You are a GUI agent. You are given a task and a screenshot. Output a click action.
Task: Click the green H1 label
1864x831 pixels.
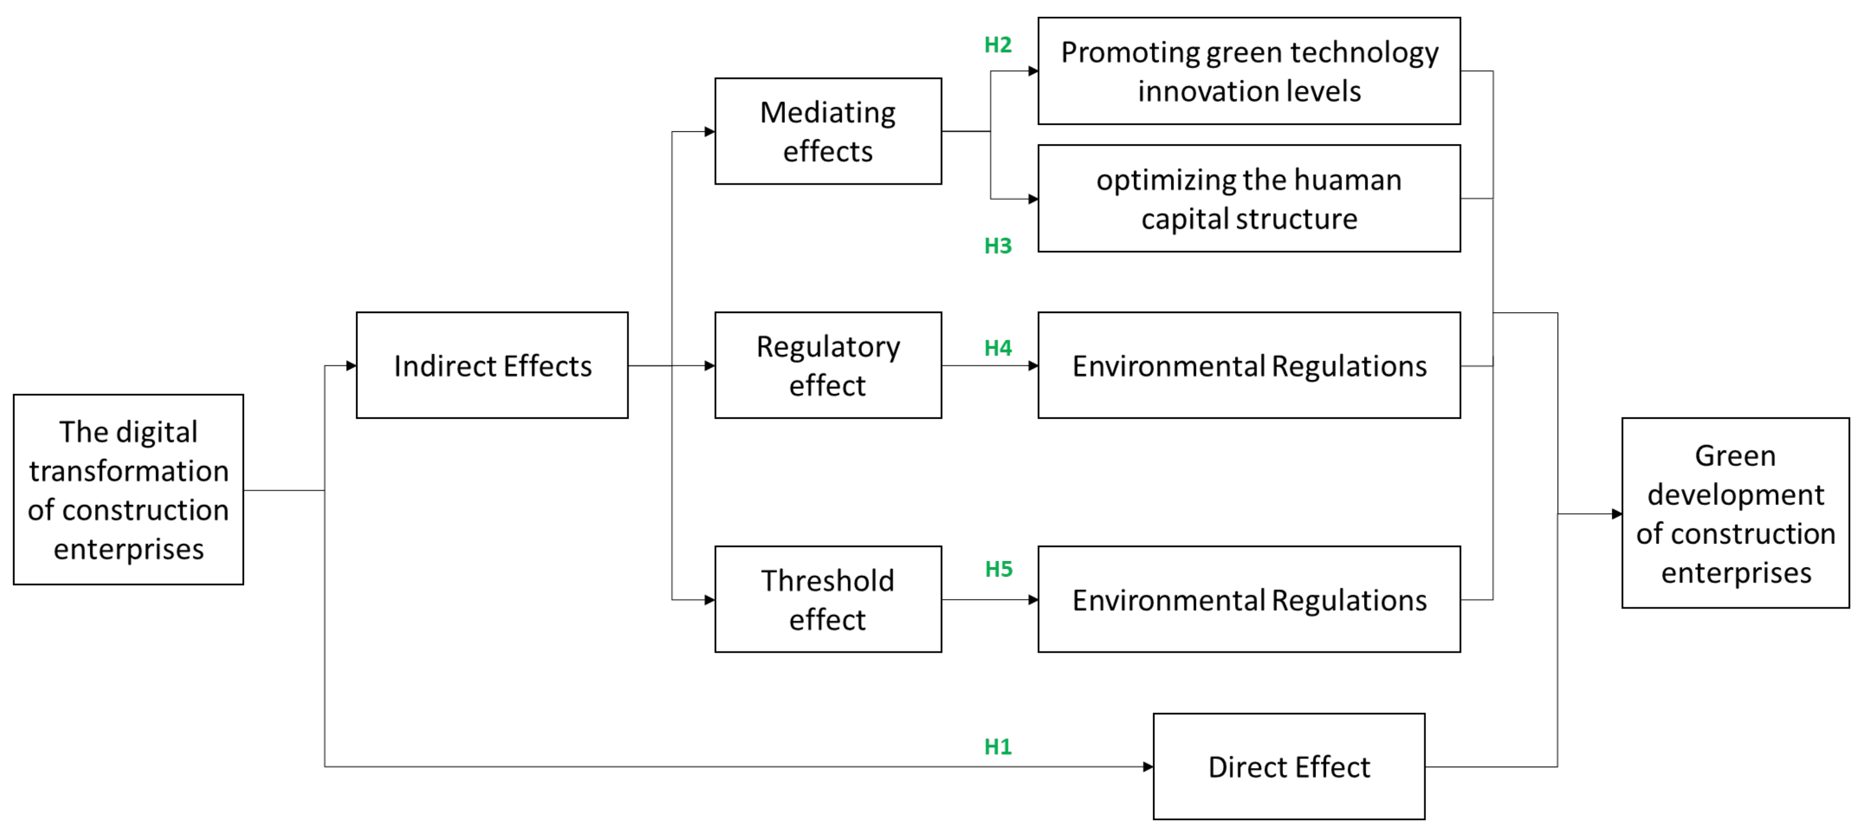(998, 746)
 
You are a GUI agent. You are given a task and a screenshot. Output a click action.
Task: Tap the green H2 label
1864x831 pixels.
(998, 45)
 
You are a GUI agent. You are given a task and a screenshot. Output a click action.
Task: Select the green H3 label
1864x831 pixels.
(998, 246)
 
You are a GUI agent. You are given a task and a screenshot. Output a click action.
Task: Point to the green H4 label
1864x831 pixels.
(998, 348)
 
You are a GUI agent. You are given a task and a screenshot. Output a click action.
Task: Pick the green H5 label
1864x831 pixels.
(999, 569)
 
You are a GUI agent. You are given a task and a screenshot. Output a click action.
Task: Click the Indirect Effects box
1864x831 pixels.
(492, 366)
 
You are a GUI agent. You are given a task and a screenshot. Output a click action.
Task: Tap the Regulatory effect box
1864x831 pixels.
(828, 366)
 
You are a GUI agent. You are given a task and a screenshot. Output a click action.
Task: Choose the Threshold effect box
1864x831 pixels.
(828, 599)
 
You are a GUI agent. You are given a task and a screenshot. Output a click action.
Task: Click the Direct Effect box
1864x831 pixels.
(1289, 767)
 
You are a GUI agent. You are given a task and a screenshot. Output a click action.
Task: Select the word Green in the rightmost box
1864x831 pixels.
(1735, 456)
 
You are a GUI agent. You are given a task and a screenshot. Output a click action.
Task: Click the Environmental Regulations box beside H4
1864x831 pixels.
(1249, 366)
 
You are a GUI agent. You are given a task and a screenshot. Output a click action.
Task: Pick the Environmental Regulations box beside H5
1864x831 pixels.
(1249, 599)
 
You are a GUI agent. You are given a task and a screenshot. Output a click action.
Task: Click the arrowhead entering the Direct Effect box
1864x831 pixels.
(1148, 767)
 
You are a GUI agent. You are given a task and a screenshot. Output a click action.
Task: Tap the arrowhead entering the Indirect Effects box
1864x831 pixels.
(351, 366)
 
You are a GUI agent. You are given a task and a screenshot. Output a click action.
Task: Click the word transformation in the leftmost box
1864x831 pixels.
(129, 471)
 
